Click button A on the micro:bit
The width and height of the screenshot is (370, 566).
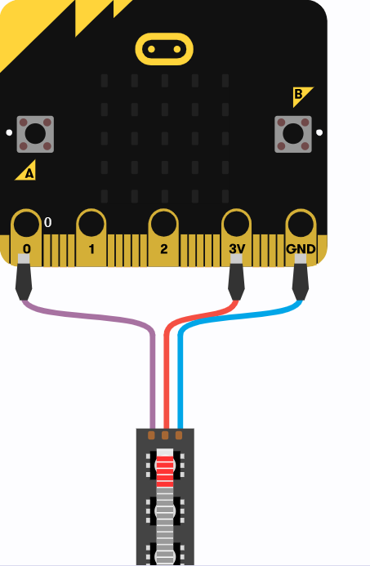pyautogui.click(x=35, y=134)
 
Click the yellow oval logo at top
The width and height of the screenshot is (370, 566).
pyautogui.click(x=164, y=49)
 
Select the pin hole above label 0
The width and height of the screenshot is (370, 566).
pyautogui.click(x=26, y=224)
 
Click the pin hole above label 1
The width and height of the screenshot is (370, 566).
pyautogui.click(x=91, y=224)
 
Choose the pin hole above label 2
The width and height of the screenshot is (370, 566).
pyautogui.click(x=163, y=224)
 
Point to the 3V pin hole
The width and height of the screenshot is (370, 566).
pyautogui.click(x=236, y=224)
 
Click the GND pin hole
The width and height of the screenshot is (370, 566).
pyautogui.click(x=301, y=224)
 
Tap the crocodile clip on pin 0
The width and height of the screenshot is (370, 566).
pyautogui.click(x=24, y=277)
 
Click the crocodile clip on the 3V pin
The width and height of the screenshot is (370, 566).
pyautogui.click(x=236, y=277)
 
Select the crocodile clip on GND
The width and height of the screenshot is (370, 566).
pyautogui.click(x=301, y=277)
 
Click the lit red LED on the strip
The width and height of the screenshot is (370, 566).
pyautogui.click(x=165, y=468)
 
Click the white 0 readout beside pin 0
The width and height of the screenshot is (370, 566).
pyautogui.click(x=47, y=222)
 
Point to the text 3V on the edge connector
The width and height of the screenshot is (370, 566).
pyautogui.click(x=237, y=249)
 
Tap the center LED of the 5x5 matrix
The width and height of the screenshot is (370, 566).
pyautogui.click(x=165, y=138)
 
